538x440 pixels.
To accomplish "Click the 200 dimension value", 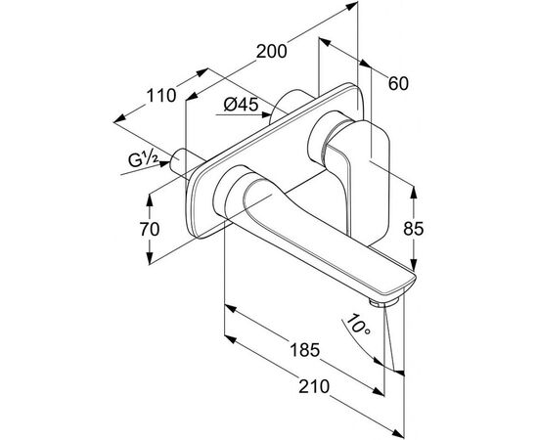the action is click(x=271, y=52).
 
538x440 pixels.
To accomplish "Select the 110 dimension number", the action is click(x=161, y=96).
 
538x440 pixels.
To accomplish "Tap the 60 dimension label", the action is click(x=398, y=83).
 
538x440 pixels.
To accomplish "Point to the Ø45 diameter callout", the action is click(x=241, y=105).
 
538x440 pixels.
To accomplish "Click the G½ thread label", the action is click(x=144, y=159).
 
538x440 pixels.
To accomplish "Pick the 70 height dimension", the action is click(x=150, y=229).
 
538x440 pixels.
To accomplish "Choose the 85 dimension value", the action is click(x=414, y=229).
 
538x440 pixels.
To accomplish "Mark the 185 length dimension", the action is click(x=305, y=350).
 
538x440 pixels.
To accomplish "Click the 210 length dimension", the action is click(x=314, y=386).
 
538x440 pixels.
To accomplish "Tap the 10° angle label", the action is click(x=358, y=326).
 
